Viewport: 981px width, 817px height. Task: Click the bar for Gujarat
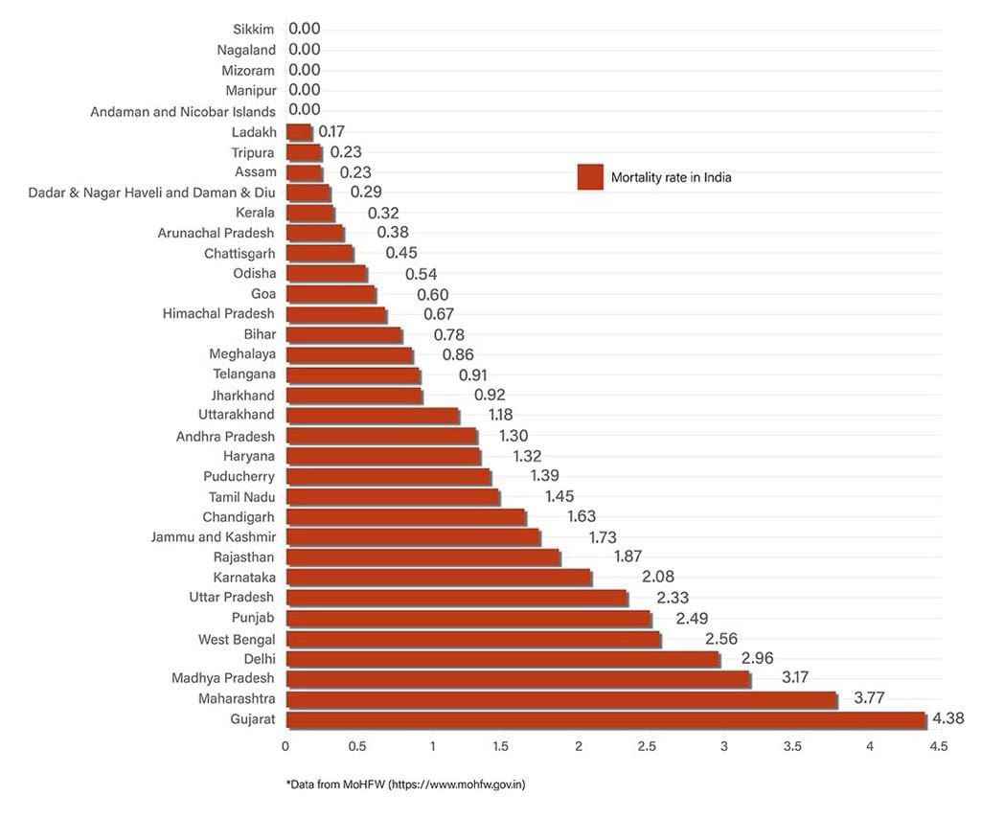[x=605, y=720]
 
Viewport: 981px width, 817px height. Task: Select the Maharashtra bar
[x=561, y=700]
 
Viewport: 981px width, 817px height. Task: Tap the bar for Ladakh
[x=299, y=132]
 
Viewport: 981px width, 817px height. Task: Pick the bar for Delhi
[x=502, y=659]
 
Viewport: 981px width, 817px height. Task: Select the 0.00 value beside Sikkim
[x=305, y=30]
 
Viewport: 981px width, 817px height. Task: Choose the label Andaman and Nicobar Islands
[x=182, y=112]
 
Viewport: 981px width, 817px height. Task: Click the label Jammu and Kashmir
[x=213, y=537]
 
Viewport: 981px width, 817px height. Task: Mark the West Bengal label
[x=237, y=639]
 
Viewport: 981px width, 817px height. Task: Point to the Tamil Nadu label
[x=241, y=497]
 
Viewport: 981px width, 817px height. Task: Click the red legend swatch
[x=589, y=177]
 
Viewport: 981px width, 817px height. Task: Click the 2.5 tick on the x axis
[x=649, y=745]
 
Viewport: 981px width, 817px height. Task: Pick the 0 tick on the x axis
[x=285, y=745]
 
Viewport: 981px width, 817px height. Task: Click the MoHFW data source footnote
[x=405, y=784]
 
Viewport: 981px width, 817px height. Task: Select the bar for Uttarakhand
[x=372, y=416]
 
